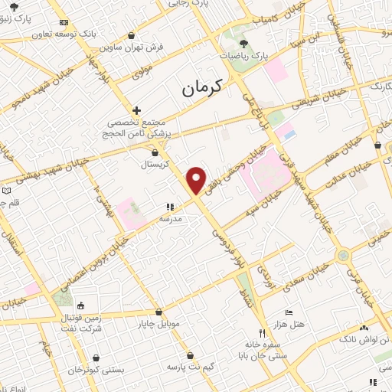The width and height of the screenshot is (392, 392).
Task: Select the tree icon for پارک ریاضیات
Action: [x=243, y=44]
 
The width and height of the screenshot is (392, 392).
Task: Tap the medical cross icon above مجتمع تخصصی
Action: [x=136, y=110]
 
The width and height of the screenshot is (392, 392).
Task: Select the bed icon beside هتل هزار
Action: [x=288, y=312]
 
